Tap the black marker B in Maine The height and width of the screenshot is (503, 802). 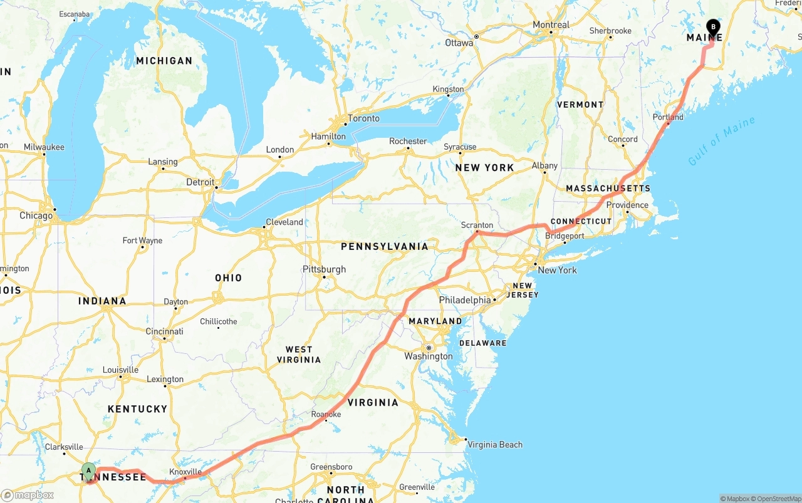pos(712,28)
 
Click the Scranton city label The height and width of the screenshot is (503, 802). pos(477,225)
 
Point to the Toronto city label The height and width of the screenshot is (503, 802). pos(363,118)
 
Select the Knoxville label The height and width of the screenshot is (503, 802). pos(185,472)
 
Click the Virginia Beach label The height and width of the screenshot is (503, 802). pos(494,445)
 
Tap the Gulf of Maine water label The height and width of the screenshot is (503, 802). pos(721,142)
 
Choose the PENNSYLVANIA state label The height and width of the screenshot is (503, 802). pos(385,246)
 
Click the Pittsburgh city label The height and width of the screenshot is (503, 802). pos(324,269)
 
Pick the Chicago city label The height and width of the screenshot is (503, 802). pos(36,215)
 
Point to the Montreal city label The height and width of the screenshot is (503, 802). pos(551,25)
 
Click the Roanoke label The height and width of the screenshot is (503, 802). pos(326,414)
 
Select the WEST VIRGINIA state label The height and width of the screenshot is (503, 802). pos(299,355)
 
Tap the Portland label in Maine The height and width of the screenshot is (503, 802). pos(668,117)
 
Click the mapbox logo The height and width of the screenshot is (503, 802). pos(28,495)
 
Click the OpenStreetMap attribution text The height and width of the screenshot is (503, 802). pos(777,499)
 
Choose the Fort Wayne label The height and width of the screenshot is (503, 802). pos(142,241)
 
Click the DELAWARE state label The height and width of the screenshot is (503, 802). pos(482,343)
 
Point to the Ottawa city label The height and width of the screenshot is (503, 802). pos(459,43)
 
